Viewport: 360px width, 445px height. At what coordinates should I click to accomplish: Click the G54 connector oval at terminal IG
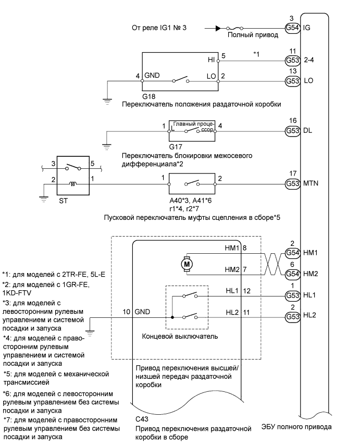[292, 28]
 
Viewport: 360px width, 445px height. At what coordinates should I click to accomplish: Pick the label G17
[176, 147]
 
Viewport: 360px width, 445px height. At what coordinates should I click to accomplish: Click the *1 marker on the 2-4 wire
[256, 54]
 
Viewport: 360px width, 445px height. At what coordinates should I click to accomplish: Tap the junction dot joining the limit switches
[172, 316]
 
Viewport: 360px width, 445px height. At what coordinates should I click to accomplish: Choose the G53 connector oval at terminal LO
[292, 81]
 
